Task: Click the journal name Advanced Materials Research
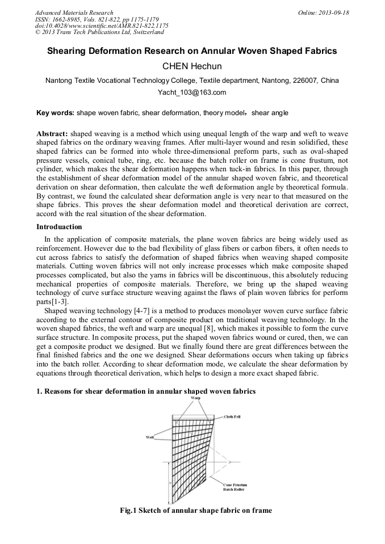(x=74, y=12)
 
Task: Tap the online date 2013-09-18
(x=333, y=12)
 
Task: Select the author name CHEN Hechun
(x=192, y=66)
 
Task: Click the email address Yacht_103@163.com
(x=192, y=92)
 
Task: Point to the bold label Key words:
(x=55, y=113)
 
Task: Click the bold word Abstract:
(x=52, y=133)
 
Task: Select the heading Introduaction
(x=59, y=227)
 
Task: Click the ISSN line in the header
(x=74, y=19)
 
